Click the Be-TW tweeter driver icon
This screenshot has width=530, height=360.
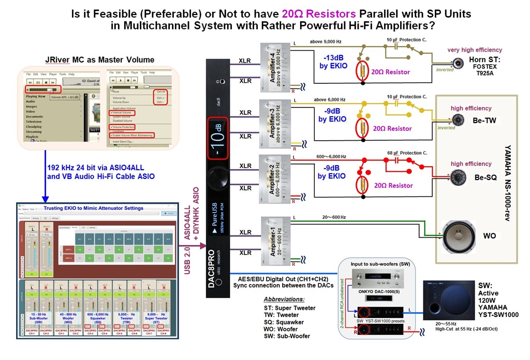tap(459, 120)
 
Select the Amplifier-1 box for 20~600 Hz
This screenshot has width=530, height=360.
tap(275, 238)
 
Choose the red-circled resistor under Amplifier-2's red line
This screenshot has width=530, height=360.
tap(363, 185)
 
